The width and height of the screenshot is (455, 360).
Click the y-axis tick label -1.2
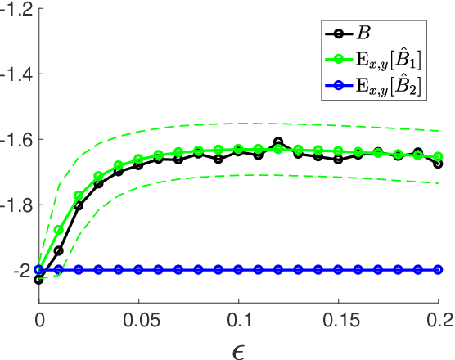(17, 10)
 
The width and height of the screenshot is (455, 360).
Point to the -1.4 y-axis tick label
(17, 74)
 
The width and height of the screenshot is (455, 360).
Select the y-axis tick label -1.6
(17, 139)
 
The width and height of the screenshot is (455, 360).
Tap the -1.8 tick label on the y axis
(17, 205)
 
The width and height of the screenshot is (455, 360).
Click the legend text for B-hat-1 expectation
(393, 57)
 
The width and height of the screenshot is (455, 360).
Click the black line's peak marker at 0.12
(278, 142)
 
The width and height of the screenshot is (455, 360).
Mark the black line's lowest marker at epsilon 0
(39, 280)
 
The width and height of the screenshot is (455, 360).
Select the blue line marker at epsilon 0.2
(438, 269)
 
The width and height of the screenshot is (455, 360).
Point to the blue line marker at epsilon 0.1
(238, 269)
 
